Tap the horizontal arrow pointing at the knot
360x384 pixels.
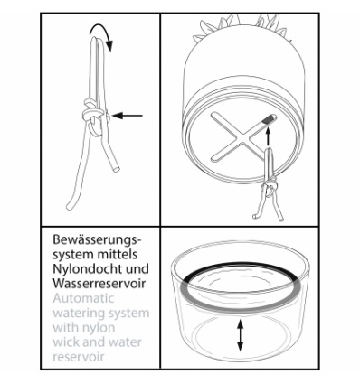pyautogui.click(x=128, y=116)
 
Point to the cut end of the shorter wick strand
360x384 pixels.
pyautogui.click(x=117, y=169)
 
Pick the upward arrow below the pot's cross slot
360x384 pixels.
pyautogui.click(x=268, y=137)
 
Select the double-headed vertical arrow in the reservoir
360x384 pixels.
pyautogui.click(x=240, y=335)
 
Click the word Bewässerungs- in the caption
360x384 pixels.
pyautogui.click(x=97, y=240)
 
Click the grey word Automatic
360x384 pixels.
pyautogui.click(x=84, y=298)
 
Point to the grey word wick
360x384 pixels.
pyautogui.click(x=66, y=342)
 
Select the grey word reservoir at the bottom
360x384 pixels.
pyautogui.click(x=79, y=357)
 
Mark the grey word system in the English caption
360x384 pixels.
pyautogui.click(x=126, y=314)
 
